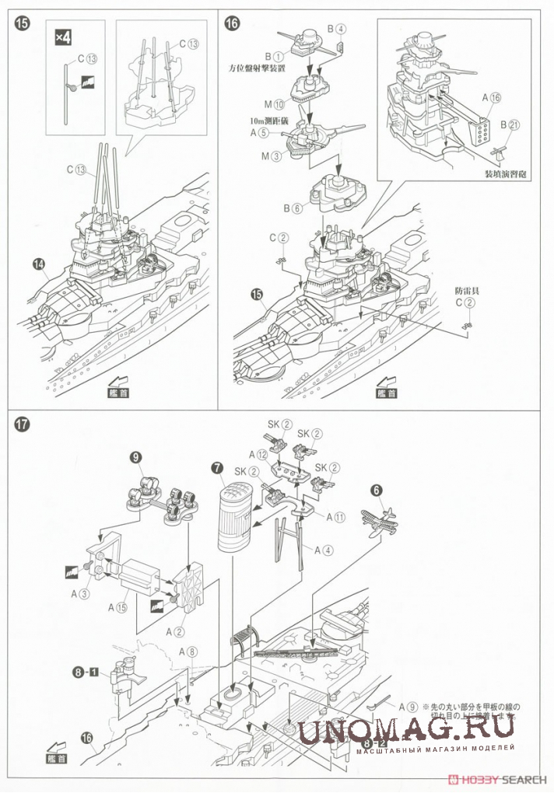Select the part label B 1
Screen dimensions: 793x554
[274, 56]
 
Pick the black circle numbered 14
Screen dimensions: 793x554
[37, 264]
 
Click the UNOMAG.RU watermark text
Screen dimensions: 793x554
[406, 730]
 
